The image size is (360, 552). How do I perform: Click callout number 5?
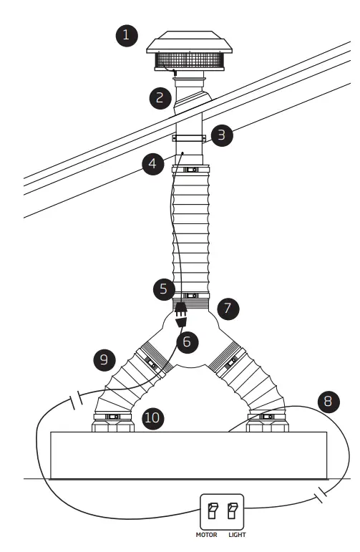click(x=162, y=290)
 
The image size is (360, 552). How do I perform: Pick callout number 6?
click(x=186, y=342)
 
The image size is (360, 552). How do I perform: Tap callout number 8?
click(x=329, y=400)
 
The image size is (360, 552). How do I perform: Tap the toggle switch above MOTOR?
click(x=212, y=511)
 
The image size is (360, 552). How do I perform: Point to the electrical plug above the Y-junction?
click(x=182, y=310)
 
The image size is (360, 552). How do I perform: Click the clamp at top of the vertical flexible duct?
click(x=190, y=170)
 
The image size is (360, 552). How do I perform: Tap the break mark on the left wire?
click(x=76, y=400)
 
